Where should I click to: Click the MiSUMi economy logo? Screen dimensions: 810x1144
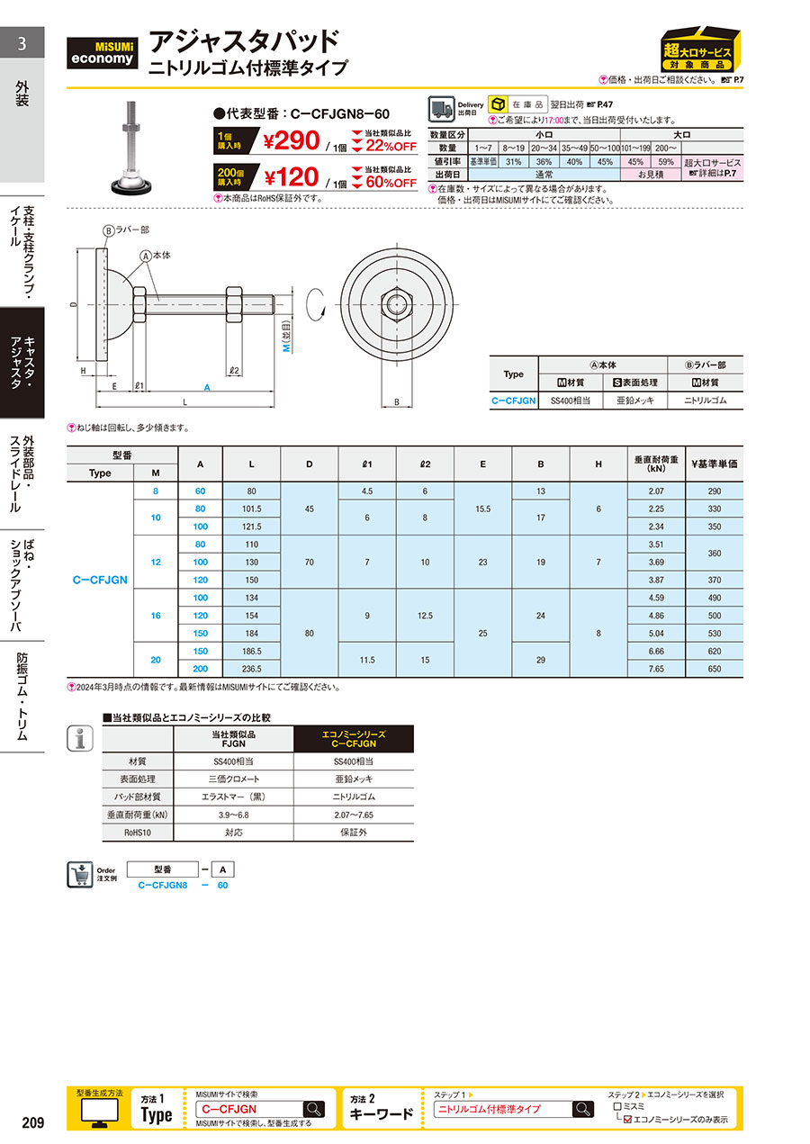pos(102,52)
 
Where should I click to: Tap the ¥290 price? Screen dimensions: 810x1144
pos(292,140)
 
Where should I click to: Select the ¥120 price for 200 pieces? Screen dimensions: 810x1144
pos(292,177)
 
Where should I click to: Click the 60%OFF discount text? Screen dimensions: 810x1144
pos(391,183)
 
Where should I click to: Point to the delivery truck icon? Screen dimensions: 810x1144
pos(441,109)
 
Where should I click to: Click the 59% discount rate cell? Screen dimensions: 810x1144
pos(666,162)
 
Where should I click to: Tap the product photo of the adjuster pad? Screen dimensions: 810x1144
pos(131,148)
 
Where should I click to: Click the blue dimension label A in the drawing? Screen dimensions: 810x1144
pos(207,388)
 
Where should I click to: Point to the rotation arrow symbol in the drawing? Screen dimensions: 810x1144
pos(315,305)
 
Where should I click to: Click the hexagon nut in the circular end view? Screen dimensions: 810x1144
pos(396,304)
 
